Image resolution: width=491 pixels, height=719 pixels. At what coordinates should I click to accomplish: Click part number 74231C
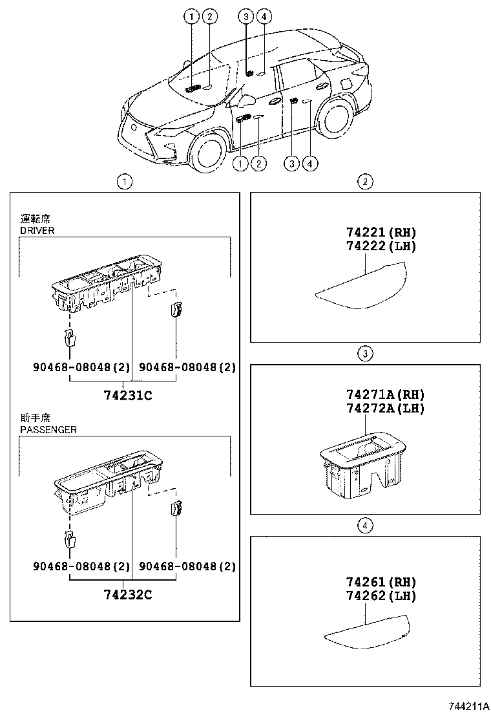click(x=127, y=395)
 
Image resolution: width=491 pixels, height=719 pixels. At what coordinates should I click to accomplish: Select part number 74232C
click(x=127, y=594)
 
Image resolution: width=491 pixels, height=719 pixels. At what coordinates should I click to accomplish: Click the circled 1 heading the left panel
click(x=125, y=182)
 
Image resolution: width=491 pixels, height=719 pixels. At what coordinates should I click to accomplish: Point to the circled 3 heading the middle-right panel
click(x=365, y=353)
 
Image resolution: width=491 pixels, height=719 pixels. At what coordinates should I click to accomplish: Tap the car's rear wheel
click(x=339, y=119)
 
